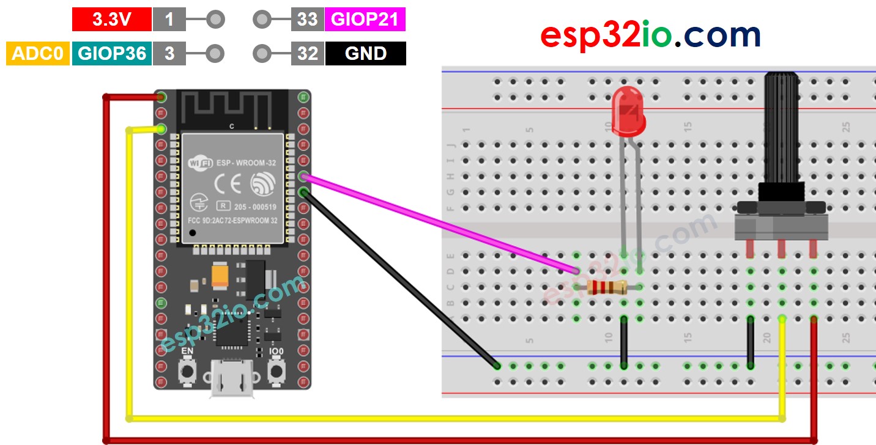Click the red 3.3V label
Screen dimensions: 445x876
tap(111, 20)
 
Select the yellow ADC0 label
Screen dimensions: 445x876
tap(37, 54)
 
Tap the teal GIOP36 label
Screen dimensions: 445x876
tap(111, 54)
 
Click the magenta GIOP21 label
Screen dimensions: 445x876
tap(365, 20)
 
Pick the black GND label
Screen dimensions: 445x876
tap(365, 54)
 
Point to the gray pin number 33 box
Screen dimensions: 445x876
tap(307, 20)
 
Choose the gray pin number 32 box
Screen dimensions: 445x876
tap(307, 54)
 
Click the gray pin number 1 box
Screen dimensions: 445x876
tap(169, 20)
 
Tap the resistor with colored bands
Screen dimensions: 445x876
tap(606, 287)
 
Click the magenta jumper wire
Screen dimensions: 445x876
tap(440, 223)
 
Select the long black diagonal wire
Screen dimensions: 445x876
tap(401, 279)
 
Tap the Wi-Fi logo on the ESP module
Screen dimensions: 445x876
tap(201, 163)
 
